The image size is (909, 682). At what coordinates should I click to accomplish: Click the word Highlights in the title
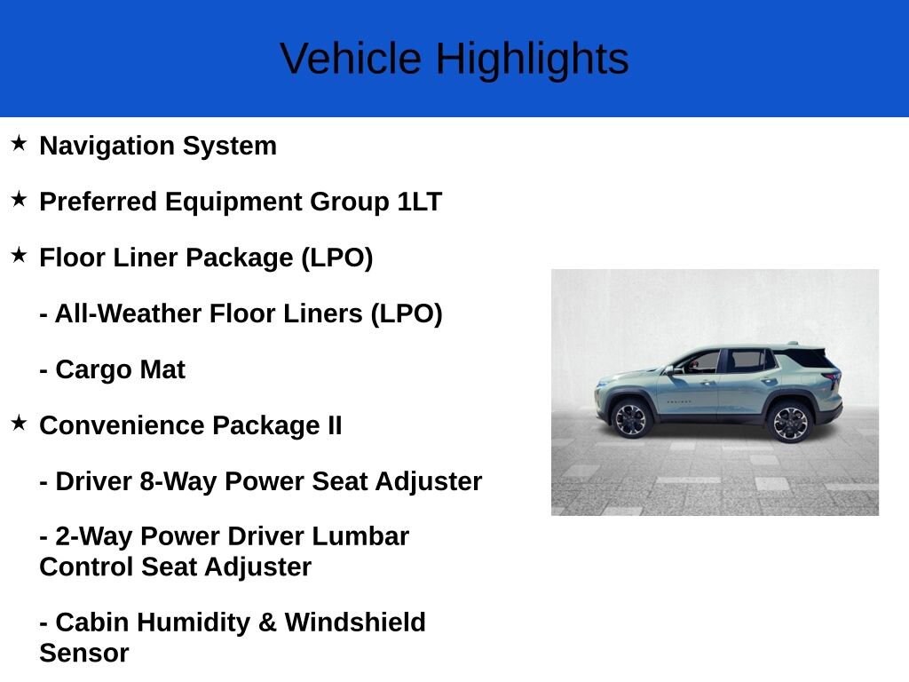532,59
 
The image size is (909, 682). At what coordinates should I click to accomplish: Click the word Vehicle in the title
351,59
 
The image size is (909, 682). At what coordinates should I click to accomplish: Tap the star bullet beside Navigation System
20,144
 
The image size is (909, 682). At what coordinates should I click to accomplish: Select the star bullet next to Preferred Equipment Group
20,200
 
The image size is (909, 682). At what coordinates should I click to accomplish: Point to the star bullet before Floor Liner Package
20,256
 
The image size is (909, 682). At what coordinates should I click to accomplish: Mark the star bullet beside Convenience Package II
20,424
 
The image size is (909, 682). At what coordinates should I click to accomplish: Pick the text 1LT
419,202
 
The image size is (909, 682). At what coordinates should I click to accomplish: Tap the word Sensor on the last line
84,654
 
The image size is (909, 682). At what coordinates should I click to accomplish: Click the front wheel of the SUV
631,419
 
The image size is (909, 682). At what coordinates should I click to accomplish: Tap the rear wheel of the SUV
790,422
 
